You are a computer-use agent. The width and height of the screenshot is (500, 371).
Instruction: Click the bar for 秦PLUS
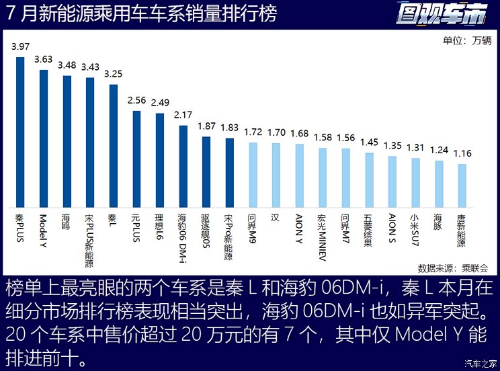(20, 131)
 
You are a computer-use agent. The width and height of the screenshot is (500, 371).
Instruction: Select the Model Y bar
(44, 137)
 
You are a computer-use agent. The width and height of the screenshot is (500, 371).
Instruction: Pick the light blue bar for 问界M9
(253, 173)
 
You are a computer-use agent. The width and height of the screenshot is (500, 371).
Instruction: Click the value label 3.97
(20, 46)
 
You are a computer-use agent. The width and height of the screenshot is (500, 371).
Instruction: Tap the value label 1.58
(323, 137)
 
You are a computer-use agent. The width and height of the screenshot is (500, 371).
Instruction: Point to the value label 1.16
(462, 153)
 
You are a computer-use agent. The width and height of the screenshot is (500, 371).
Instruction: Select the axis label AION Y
(298, 229)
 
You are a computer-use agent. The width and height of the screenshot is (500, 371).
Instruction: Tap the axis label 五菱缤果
(368, 231)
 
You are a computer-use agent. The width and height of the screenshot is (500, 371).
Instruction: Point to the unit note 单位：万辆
(467, 40)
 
